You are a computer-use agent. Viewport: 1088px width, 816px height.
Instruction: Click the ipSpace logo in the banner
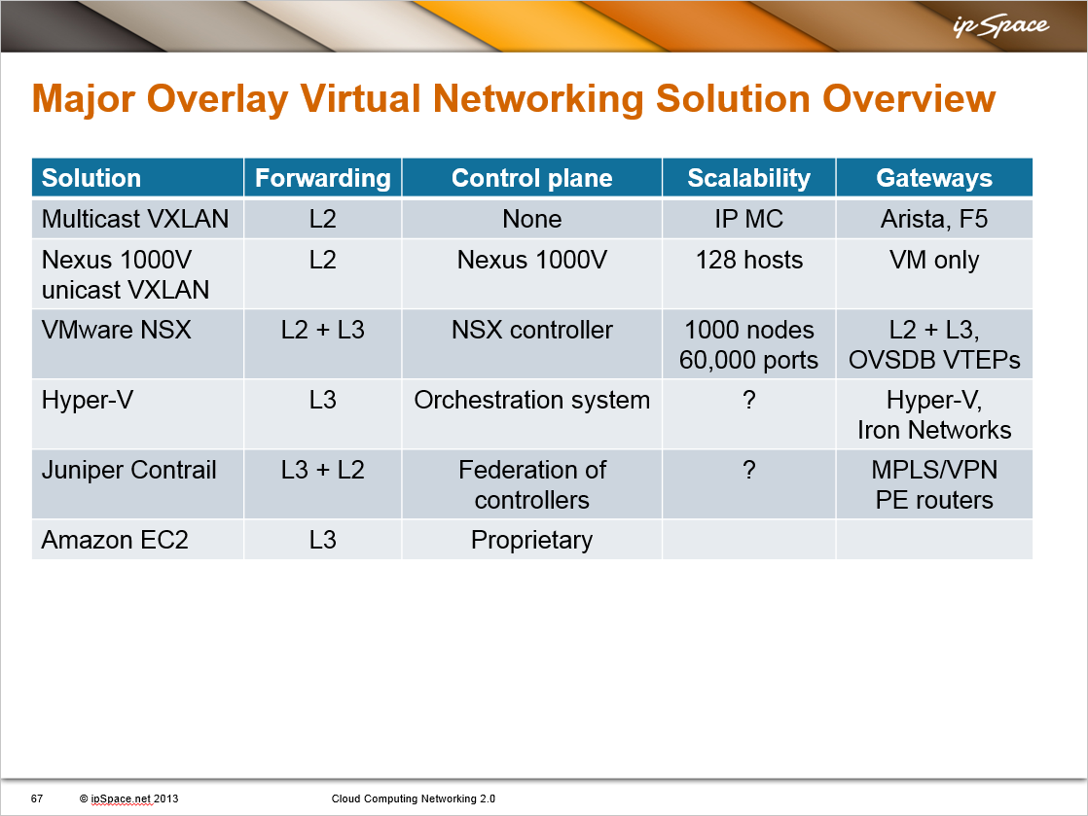point(1000,26)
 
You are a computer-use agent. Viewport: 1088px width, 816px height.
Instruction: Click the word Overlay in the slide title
point(217,98)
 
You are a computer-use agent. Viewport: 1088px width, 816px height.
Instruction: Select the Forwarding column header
point(323,178)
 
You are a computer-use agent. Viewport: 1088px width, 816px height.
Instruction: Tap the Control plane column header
point(531,178)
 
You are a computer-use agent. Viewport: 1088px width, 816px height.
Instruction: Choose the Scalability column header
point(748,178)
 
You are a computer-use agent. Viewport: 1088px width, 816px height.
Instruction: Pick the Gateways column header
point(934,178)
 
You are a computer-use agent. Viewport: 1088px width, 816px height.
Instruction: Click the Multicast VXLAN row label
point(135,219)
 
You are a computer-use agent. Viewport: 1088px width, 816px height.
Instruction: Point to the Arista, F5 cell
point(934,219)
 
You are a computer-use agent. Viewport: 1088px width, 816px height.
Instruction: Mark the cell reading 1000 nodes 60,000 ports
point(748,344)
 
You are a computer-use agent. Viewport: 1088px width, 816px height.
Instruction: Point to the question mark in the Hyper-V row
point(748,400)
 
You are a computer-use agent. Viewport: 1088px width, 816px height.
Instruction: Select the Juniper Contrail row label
point(129,470)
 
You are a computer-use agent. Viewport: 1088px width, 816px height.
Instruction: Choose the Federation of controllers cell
point(531,484)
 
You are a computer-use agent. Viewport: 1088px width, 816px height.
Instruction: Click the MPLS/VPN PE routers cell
point(934,484)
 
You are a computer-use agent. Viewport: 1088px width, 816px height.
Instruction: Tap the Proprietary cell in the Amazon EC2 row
point(531,540)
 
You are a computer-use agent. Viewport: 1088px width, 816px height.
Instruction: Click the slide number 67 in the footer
point(37,798)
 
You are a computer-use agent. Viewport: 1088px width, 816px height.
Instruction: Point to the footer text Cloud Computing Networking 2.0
point(414,798)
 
